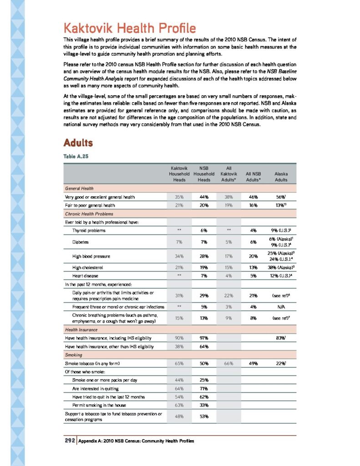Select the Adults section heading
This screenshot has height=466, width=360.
pyautogui.click(x=78, y=143)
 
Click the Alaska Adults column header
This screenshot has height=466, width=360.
pyautogui.click(x=281, y=177)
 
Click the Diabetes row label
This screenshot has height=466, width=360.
pyautogui.click(x=80, y=242)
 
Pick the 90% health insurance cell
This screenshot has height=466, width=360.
pyautogui.click(x=179, y=338)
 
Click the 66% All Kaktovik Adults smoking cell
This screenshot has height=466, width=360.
pyautogui.click(x=228, y=364)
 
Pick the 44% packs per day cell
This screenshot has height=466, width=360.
pyautogui.click(x=179, y=380)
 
